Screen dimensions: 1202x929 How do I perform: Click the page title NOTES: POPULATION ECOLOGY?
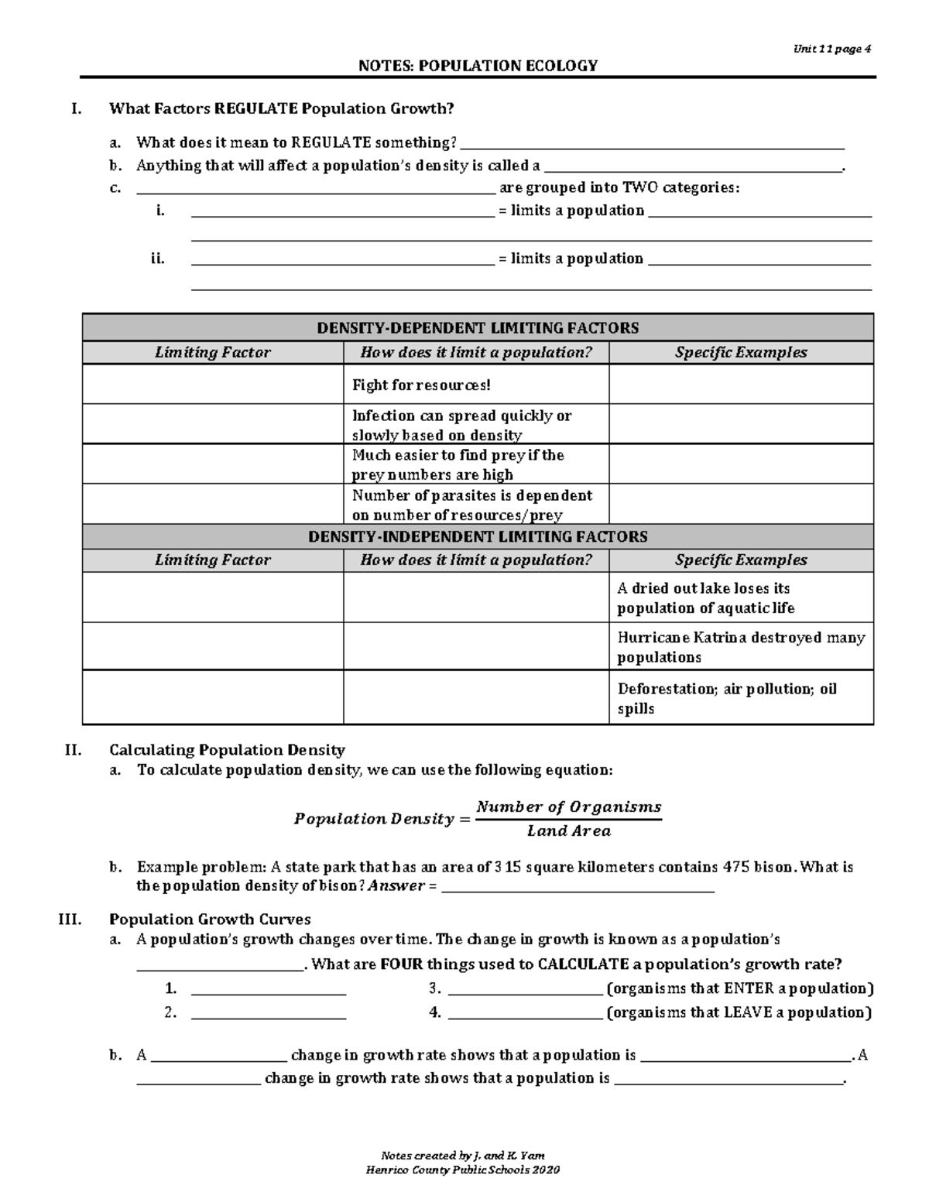pyautogui.click(x=478, y=66)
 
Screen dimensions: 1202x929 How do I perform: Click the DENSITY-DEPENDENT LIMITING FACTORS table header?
pyautogui.click(x=478, y=328)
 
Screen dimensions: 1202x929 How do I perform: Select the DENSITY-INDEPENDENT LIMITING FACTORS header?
pyautogui.click(x=478, y=536)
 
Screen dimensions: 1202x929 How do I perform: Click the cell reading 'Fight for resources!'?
pyautogui.click(x=421, y=385)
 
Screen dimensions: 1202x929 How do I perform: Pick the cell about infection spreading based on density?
pyautogui.click(x=461, y=425)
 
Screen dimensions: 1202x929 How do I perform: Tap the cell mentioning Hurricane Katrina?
pyautogui.click(x=740, y=647)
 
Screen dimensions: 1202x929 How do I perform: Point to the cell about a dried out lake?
pyautogui.click(x=705, y=598)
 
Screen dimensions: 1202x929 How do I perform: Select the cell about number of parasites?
pyautogui.click(x=471, y=505)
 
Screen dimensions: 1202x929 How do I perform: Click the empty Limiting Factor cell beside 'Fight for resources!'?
pyautogui.click(x=213, y=385)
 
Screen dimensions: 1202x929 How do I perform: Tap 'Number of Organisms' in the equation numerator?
pyautogui.click(x=568, y=806)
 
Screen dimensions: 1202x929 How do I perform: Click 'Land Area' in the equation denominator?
pyautogui.click(x=568, y=831)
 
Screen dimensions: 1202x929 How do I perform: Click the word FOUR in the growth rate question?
pyautogui.click(x=402, y=964)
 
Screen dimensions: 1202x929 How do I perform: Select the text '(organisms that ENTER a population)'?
pyautogui.click(x=740, y=988)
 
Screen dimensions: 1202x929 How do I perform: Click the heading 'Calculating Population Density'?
pyautogui.click(x=227, y=750)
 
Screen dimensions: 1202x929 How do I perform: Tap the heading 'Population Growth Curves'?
pyautogui.click(x=210, y=919)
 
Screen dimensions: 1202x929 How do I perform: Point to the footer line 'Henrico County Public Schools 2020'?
pyautogui.click(x=462, y=1169)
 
